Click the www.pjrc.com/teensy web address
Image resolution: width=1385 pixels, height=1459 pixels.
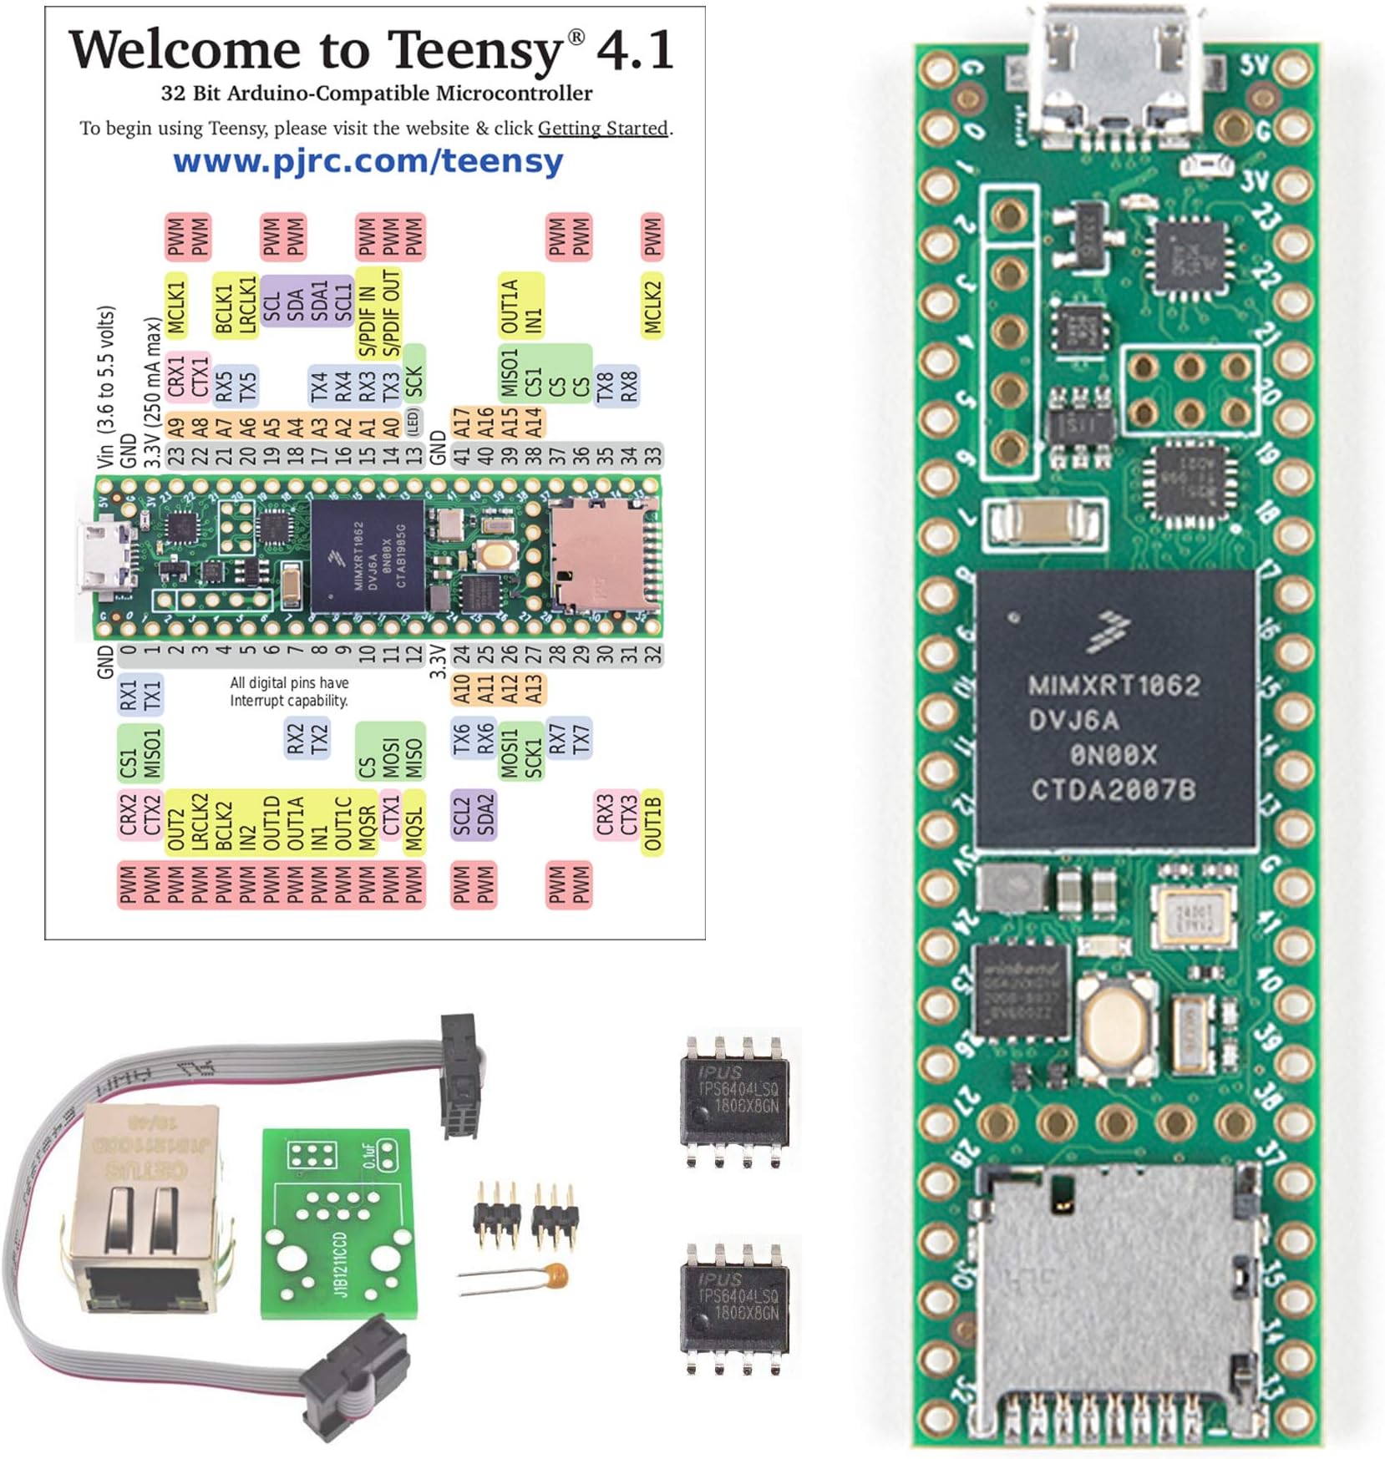point(368,161)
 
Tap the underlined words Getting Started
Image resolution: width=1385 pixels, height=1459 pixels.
point(602,129)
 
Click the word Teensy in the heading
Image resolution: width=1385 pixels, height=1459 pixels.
point(475,50)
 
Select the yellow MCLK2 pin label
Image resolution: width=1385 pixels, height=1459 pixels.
point(652,306)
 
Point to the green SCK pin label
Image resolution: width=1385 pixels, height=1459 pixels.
point(414,381)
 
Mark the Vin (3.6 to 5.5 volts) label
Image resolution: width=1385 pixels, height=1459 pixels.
point(105,386)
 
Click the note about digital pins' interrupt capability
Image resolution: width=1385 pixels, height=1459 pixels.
point(289,692)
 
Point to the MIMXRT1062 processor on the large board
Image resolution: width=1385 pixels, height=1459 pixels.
point(1114,710)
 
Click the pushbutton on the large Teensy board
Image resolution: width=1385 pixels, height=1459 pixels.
point(1117,1024)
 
